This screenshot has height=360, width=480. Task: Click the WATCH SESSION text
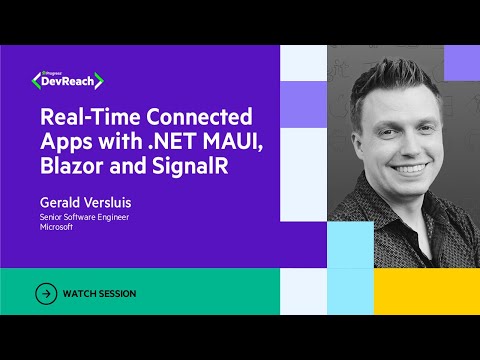(x=99, y=294)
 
